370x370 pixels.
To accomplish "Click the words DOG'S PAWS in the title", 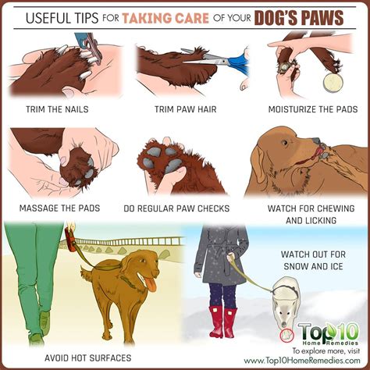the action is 299,18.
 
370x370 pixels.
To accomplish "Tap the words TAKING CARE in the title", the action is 165,18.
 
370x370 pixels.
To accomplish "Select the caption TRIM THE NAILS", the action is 57,109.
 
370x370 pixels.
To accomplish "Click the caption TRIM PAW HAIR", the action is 186,109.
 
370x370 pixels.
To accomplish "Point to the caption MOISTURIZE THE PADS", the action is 313,109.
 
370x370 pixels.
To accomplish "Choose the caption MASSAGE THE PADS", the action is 59,208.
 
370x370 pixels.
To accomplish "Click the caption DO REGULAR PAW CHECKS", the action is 176,208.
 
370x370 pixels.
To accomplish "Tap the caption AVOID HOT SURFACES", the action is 88,358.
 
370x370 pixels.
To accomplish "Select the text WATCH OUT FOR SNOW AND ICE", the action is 313,260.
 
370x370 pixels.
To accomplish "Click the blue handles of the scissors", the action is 239,62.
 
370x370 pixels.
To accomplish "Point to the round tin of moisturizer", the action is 333,83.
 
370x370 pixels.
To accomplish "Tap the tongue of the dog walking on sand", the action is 151,283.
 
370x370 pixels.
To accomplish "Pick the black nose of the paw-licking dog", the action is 316,141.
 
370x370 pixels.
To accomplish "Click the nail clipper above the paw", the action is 87,47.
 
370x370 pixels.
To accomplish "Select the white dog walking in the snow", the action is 286,302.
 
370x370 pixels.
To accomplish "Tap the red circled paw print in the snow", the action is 287,336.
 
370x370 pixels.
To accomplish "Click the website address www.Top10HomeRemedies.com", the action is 302,361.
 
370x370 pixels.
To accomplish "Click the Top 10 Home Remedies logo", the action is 329,333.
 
